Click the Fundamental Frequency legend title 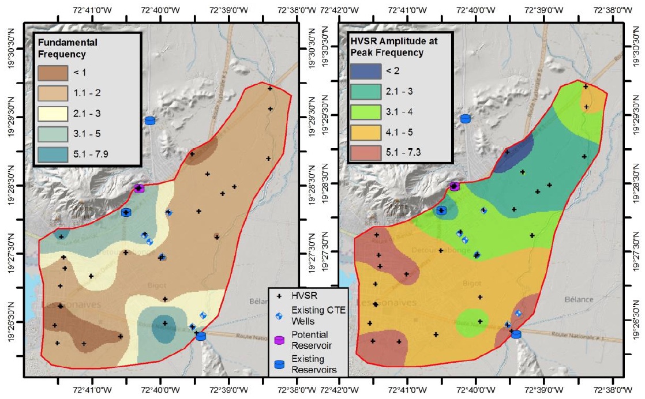point(61,49)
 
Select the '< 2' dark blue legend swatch point(365,71)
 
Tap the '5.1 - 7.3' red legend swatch point(365,152)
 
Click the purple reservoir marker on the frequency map point(138,187)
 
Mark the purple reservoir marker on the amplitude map point(454,186)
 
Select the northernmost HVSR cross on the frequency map point(269,88)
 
